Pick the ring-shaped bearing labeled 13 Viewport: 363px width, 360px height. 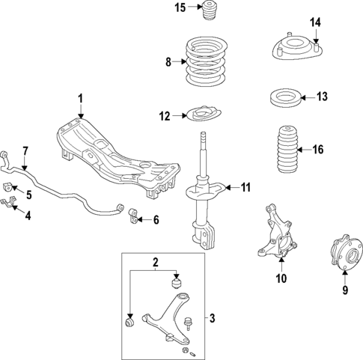pos(285,97)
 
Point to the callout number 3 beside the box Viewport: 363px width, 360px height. pos(212,319)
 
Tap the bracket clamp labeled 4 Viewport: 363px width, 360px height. pos(10,204)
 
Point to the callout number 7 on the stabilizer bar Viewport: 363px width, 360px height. pos(25,152)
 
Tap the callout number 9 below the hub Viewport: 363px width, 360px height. pos(345,290)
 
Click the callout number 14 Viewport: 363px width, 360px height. pos(316,22)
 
